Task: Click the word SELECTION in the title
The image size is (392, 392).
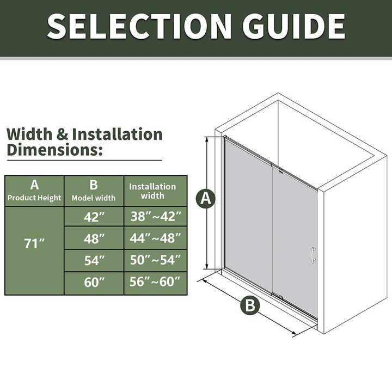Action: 139,27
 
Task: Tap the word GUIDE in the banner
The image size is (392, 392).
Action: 294,27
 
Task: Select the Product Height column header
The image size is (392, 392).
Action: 34,191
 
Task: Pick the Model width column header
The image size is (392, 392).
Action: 94,191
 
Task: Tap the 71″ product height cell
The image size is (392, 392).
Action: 34,250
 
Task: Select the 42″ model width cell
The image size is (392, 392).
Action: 94,217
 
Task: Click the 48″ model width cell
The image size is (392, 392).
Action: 94,238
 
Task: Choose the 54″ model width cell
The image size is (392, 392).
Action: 94,260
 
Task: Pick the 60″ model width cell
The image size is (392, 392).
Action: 94,283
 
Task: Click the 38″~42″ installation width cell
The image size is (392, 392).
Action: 156,217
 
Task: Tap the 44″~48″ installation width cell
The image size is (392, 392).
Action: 156,238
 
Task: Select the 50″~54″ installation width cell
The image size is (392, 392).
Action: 156,260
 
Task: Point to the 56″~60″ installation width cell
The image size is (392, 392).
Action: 156,283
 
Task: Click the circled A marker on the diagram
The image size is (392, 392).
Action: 206,199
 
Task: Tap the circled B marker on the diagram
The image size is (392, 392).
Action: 250,305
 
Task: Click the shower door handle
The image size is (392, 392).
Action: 313,255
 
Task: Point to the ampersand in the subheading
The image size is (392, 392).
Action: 62,134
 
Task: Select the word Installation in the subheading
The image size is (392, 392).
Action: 117,134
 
